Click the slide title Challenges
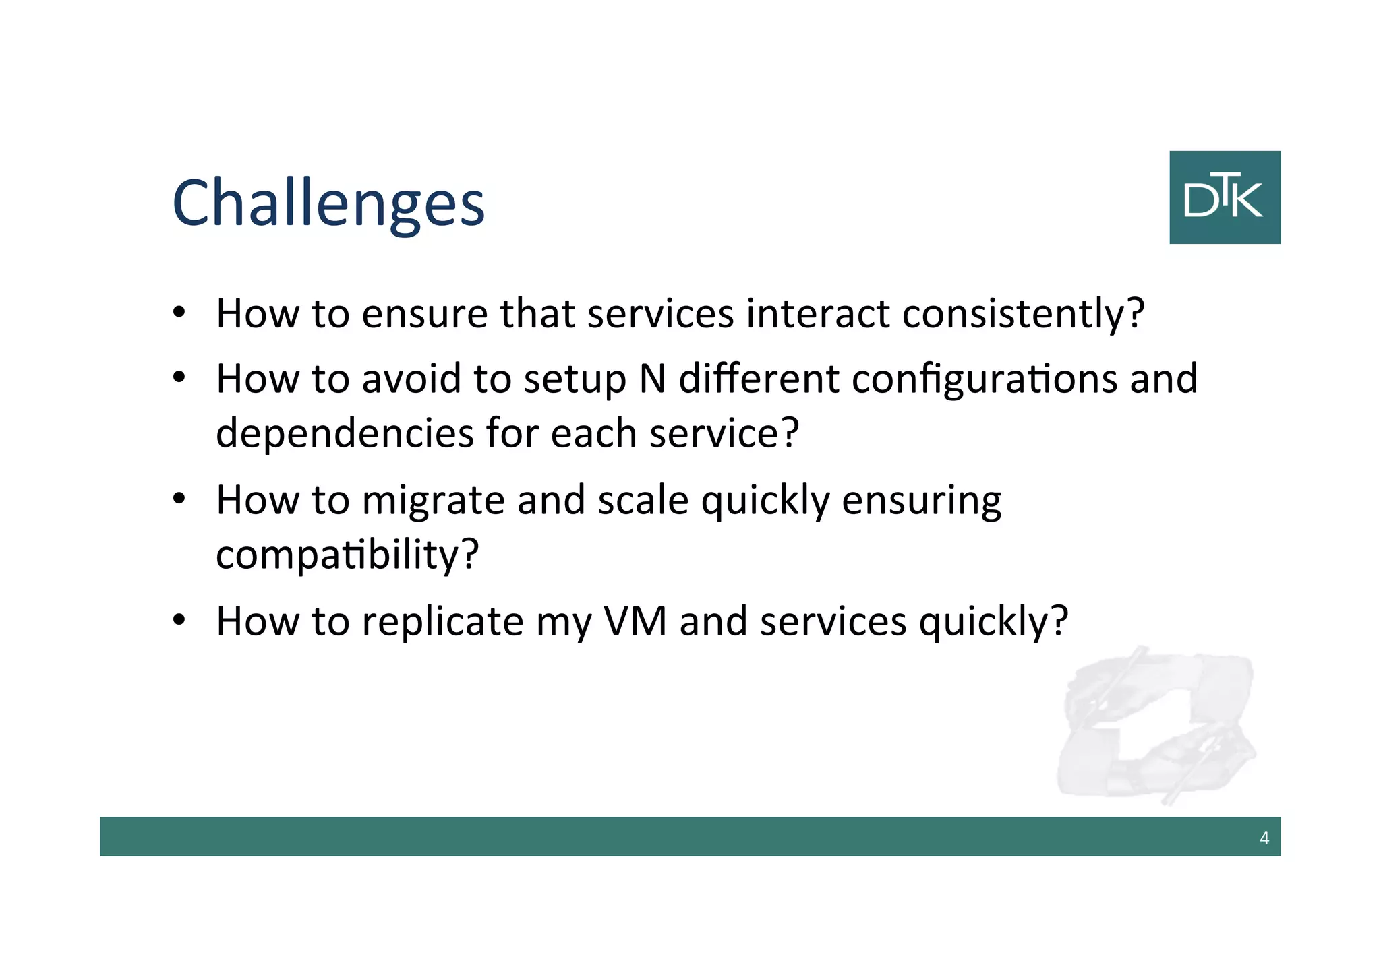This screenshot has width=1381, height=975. (328, 202)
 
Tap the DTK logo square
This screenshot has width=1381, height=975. (1225, 197)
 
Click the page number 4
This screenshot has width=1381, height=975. (1264, 838)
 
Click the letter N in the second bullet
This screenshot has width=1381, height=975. (651, 379)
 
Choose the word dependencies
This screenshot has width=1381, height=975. (345, 433)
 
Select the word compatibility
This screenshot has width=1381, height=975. (347, 555)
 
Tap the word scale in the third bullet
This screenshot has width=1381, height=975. (643, 501)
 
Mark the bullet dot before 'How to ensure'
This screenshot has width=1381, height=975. (178, 313)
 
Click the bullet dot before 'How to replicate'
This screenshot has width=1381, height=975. (178, 620)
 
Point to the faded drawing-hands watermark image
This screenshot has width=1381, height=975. (1156, 725)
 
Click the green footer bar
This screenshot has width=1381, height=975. (674, 836)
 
